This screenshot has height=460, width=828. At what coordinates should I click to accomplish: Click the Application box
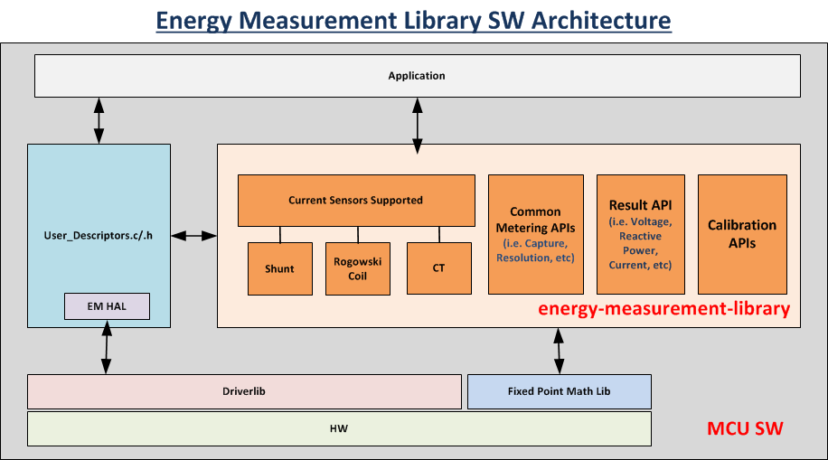point(418,76)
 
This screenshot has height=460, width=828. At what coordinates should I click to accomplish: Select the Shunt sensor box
point(280,268)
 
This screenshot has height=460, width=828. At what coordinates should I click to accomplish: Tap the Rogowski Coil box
point(357,268)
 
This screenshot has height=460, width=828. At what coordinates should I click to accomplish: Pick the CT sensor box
point(438,268)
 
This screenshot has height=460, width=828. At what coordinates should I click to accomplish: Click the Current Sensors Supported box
point(356,200)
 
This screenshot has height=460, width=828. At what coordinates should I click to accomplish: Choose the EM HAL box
point(107,306)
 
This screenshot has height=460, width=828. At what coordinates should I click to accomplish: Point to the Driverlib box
point(244,391)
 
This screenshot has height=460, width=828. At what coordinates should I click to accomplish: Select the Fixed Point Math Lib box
point(560,391)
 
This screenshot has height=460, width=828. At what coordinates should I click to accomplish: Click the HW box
point(339,428)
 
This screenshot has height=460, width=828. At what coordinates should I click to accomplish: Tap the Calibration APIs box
point(742,234)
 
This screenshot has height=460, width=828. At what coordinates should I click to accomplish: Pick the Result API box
point(641,234)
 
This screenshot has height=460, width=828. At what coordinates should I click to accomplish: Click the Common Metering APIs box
point(535,234)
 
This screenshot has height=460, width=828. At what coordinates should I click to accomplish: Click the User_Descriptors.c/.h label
point(99,236)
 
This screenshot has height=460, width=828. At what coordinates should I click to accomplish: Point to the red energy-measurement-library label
point(663,308)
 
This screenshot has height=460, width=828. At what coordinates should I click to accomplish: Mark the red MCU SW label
point(745,428)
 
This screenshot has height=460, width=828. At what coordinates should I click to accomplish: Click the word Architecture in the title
point(601,21)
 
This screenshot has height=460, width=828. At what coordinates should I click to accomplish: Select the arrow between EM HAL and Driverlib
point(106,347)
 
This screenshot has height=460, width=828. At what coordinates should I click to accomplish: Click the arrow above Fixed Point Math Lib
point(559,351)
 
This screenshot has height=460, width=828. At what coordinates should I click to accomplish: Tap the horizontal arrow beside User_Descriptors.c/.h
point(193,236)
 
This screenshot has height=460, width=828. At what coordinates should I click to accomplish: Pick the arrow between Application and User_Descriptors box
point(99,120)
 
